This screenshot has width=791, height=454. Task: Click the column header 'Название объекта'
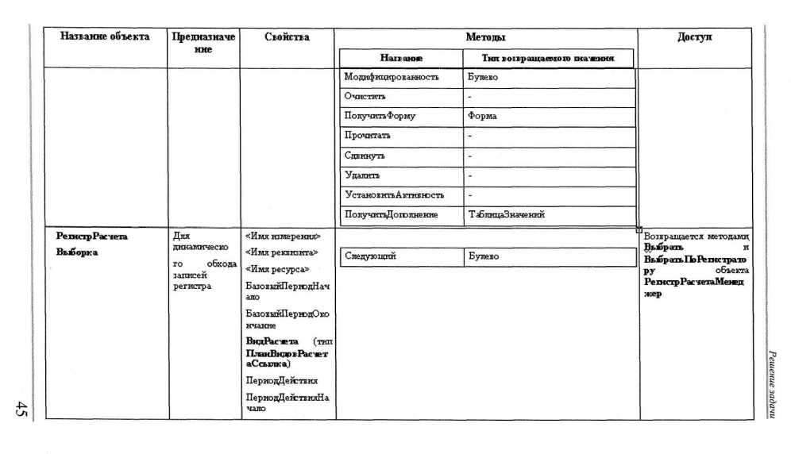tap(105, 37)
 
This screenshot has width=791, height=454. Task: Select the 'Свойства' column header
tap(287, 37)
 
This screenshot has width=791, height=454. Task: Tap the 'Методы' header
tap(485, 37)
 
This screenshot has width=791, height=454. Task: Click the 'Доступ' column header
tap(695, 37)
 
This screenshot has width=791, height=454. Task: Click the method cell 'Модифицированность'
tap(392, 78)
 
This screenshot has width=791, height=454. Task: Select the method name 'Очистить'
tap(365, 97)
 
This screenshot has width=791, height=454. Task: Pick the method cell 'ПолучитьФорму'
tap(380, 116)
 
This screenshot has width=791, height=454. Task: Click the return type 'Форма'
tap(483, 116)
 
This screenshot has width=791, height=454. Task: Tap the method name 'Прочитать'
tap(368, 135)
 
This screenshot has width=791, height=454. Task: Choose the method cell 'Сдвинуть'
tap(365, 155)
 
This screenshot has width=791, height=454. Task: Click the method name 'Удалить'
tap(363, 175)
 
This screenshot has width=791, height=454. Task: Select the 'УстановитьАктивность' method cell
tap(394, 194)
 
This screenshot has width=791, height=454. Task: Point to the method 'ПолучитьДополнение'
tap(391, 214)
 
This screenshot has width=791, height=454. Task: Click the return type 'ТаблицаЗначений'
tap(506, 214)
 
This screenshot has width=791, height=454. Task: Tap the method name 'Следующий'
tap(370, 256)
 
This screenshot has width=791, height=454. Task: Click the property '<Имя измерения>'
tap(283, 236)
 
